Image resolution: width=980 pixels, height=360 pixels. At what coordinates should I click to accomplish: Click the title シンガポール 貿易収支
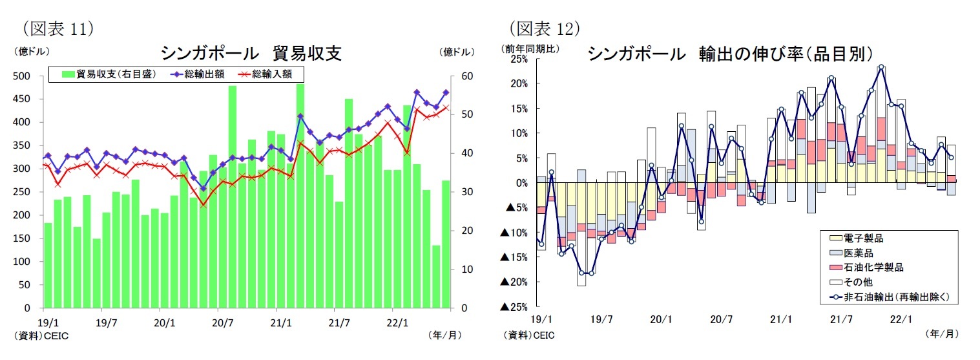click(x=251, y=53)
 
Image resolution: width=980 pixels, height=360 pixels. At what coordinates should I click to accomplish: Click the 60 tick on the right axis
click(x=466, y=76)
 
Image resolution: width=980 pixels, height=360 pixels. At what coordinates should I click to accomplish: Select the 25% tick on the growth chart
click(x=519, y=59)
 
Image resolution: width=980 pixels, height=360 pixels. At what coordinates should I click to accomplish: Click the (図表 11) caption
click(x=58, y=28)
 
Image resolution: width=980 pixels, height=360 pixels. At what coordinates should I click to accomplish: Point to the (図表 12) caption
click(x=544, y=28)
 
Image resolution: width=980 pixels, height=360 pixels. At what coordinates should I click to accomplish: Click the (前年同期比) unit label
click(x=531, y=48)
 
